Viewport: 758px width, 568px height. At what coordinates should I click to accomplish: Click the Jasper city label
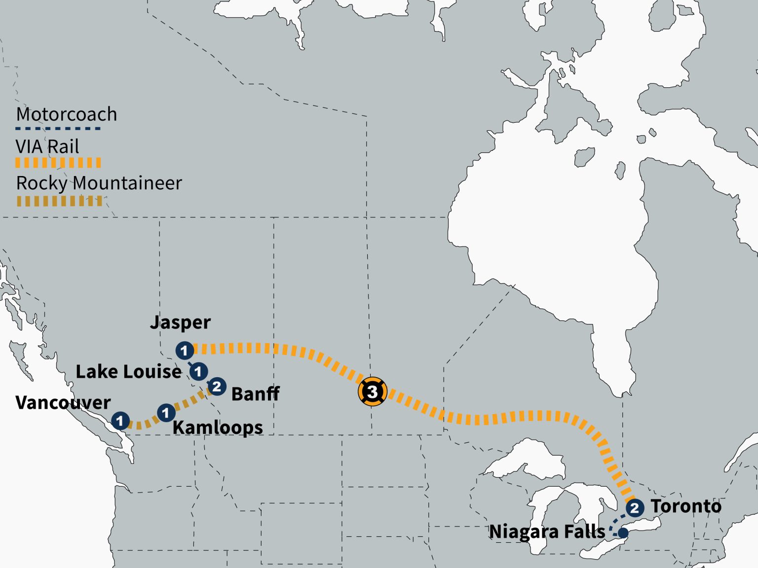pos(180,322)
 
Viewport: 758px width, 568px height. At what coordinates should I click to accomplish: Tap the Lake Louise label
pos(128,372)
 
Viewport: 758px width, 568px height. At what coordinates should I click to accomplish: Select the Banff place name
pos(255,394)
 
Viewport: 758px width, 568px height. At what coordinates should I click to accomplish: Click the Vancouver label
pos(63,403)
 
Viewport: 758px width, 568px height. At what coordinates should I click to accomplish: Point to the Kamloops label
pos(218,427)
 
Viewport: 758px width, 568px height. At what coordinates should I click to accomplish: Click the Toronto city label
pos(685,506)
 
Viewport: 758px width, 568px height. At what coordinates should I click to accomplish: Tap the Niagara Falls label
pos(547,532)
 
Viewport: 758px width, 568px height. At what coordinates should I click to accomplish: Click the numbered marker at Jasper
pos(185,351)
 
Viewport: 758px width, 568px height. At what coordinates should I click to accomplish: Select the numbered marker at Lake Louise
pos(198,371)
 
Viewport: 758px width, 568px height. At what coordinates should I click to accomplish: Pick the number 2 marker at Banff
pos(217,387)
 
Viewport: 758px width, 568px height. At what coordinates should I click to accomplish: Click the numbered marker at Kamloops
pos(166,413)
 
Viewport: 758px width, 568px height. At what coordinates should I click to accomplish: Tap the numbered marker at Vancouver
pos(120,421)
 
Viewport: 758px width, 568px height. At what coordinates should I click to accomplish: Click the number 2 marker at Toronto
pos(635,507)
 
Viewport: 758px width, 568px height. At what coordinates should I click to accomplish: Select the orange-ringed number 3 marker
pos(373,392)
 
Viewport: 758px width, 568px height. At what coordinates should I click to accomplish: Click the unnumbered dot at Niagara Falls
pos(623,533)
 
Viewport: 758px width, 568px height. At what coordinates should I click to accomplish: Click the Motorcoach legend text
pos(67,114)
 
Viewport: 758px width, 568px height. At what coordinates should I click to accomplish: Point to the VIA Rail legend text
pos(47,146)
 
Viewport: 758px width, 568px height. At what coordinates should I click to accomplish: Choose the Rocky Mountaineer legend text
pos(99,183)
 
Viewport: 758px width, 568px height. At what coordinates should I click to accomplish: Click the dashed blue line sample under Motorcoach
pos(58,129)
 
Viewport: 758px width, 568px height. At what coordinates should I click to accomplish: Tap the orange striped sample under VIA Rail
pos(58,163)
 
